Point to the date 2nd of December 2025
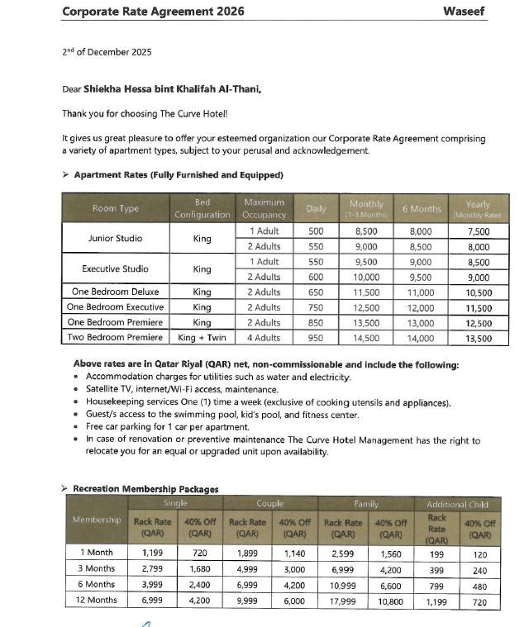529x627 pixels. coord(106,52)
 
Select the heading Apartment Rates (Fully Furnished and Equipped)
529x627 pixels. coord(179,174)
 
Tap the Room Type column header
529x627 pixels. coord(116,209)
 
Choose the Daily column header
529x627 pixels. coord(315,209)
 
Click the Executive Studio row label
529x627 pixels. coord(116,268)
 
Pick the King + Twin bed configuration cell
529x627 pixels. coord(202,338)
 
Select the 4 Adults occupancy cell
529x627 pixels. coord(264,338)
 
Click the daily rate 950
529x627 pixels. coord(315,338)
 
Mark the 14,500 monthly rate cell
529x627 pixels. coord(366,338)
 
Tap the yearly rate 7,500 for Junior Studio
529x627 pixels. coord(478,231)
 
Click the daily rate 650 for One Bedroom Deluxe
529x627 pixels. coord(315,292)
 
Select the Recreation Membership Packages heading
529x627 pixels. coord(145,488)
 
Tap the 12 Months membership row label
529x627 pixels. coord(98,601)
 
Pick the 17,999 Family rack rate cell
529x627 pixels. coord(343,601)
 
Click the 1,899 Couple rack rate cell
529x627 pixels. coord(247,553)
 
